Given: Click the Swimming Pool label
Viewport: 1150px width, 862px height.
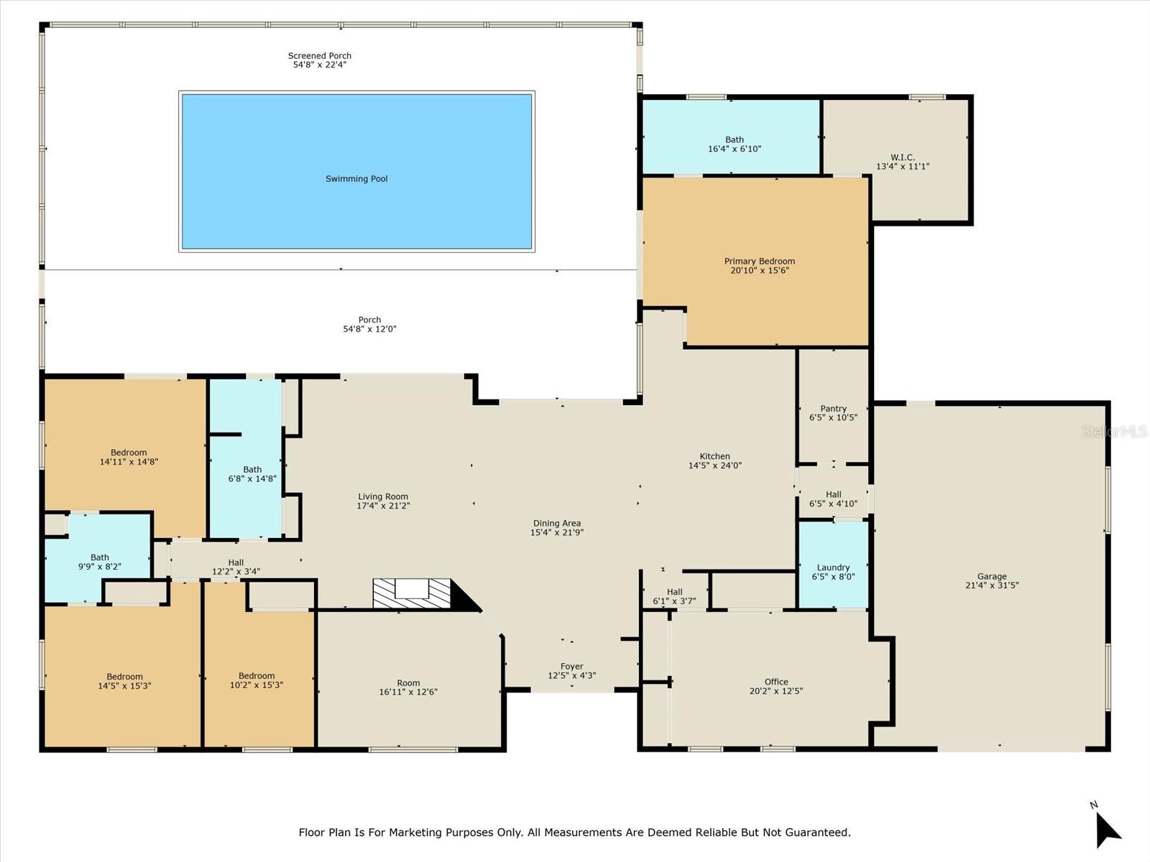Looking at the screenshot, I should point(356,179).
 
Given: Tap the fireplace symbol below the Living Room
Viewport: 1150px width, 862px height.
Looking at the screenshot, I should point(412,593).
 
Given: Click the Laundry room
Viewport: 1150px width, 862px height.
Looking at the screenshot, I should point(833,567).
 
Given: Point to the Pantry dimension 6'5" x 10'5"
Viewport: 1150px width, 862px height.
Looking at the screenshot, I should point(833,417).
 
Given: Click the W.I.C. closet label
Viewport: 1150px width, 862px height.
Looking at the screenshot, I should point(902,157).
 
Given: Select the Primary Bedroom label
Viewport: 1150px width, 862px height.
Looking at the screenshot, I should point(759,261).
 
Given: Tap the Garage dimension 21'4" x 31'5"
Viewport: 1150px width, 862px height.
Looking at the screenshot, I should point(991,585).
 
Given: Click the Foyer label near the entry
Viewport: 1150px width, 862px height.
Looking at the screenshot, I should point(571,667).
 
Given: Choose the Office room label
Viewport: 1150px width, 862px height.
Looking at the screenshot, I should point(776,682).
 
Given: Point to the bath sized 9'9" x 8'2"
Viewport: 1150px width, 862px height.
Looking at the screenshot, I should point(99,562).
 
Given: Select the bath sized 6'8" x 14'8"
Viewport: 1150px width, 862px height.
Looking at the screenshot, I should point(252,474).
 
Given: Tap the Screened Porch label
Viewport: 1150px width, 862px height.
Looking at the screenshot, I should point(319,55).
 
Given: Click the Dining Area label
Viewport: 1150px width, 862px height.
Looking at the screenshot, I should point(556,524).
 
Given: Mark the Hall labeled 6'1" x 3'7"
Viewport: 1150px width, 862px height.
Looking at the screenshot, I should point(673,596).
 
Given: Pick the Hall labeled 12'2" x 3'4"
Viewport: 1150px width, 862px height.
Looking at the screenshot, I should point(236,567).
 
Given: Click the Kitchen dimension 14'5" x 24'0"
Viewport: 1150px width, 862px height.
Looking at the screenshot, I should point(714,465).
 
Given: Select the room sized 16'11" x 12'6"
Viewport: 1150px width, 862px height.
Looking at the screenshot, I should point(408,687).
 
